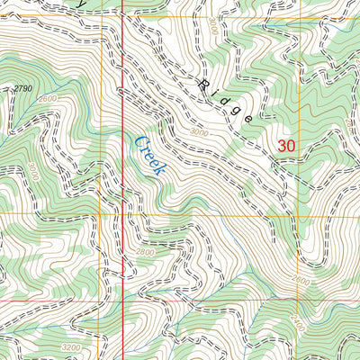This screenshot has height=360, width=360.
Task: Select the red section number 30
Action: click(286, 145)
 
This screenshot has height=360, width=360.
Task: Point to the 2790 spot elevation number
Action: click(23, 88)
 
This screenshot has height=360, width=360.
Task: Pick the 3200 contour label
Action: click(71, 345)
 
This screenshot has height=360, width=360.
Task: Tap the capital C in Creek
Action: click(139, 140)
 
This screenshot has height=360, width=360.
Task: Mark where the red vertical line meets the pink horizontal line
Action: click(121, 298)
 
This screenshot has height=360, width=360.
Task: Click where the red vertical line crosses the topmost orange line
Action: click(121, 15)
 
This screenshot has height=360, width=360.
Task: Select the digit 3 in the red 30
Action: click(282, 145)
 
